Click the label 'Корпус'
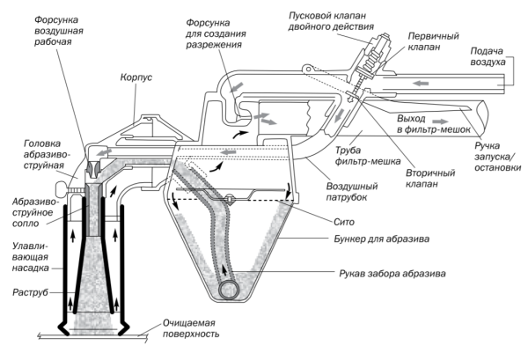tap(136, 77)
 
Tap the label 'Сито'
tap(344, 222)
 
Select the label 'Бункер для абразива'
tap(382, 239)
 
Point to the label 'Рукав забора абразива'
tap(392, 273)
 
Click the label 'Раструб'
tap(30, 292)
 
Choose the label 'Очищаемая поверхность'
tap(191, 328)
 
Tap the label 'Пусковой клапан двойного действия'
tap(332, 21)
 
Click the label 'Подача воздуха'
tap(488, 56)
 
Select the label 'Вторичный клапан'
tap(430, 179)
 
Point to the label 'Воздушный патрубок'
tap(352, 192)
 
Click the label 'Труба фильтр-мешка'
tap(367, 156)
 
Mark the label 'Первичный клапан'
tap(433, 41)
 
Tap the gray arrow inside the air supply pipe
tap(421, 82)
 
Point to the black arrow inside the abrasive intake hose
tap(224, 269)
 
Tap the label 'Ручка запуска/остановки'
tap(498, 157)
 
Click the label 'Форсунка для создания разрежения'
tap(216, 33)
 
